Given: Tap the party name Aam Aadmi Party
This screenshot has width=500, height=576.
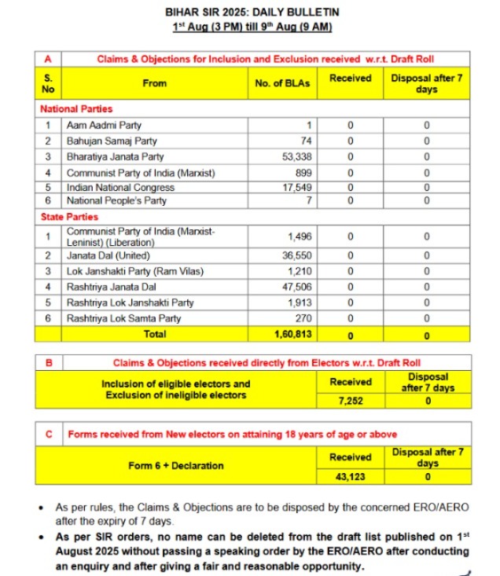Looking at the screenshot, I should click(x=105, y=125).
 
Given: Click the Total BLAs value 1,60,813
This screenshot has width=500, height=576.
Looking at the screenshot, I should click(x=294, y=334).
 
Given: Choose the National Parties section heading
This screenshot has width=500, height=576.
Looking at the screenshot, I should click(x=76, y=109).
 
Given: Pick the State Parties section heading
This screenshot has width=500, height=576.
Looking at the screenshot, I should click(x=69, y=216).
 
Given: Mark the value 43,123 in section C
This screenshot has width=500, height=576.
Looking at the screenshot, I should click(x=351, y=476).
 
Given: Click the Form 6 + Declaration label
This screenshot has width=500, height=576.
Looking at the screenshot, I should click(x=176, y=465).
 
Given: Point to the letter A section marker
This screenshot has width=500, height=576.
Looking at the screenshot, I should click(x=48, y=59).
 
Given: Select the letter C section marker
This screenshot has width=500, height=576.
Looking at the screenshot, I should click(x=48, y=433).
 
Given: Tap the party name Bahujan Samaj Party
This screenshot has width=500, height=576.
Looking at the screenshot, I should click(x=112, y=141).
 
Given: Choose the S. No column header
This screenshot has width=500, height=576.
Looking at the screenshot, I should click(x=48, y=83).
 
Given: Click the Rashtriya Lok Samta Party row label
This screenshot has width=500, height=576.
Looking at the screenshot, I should click(x=124, y=318).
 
